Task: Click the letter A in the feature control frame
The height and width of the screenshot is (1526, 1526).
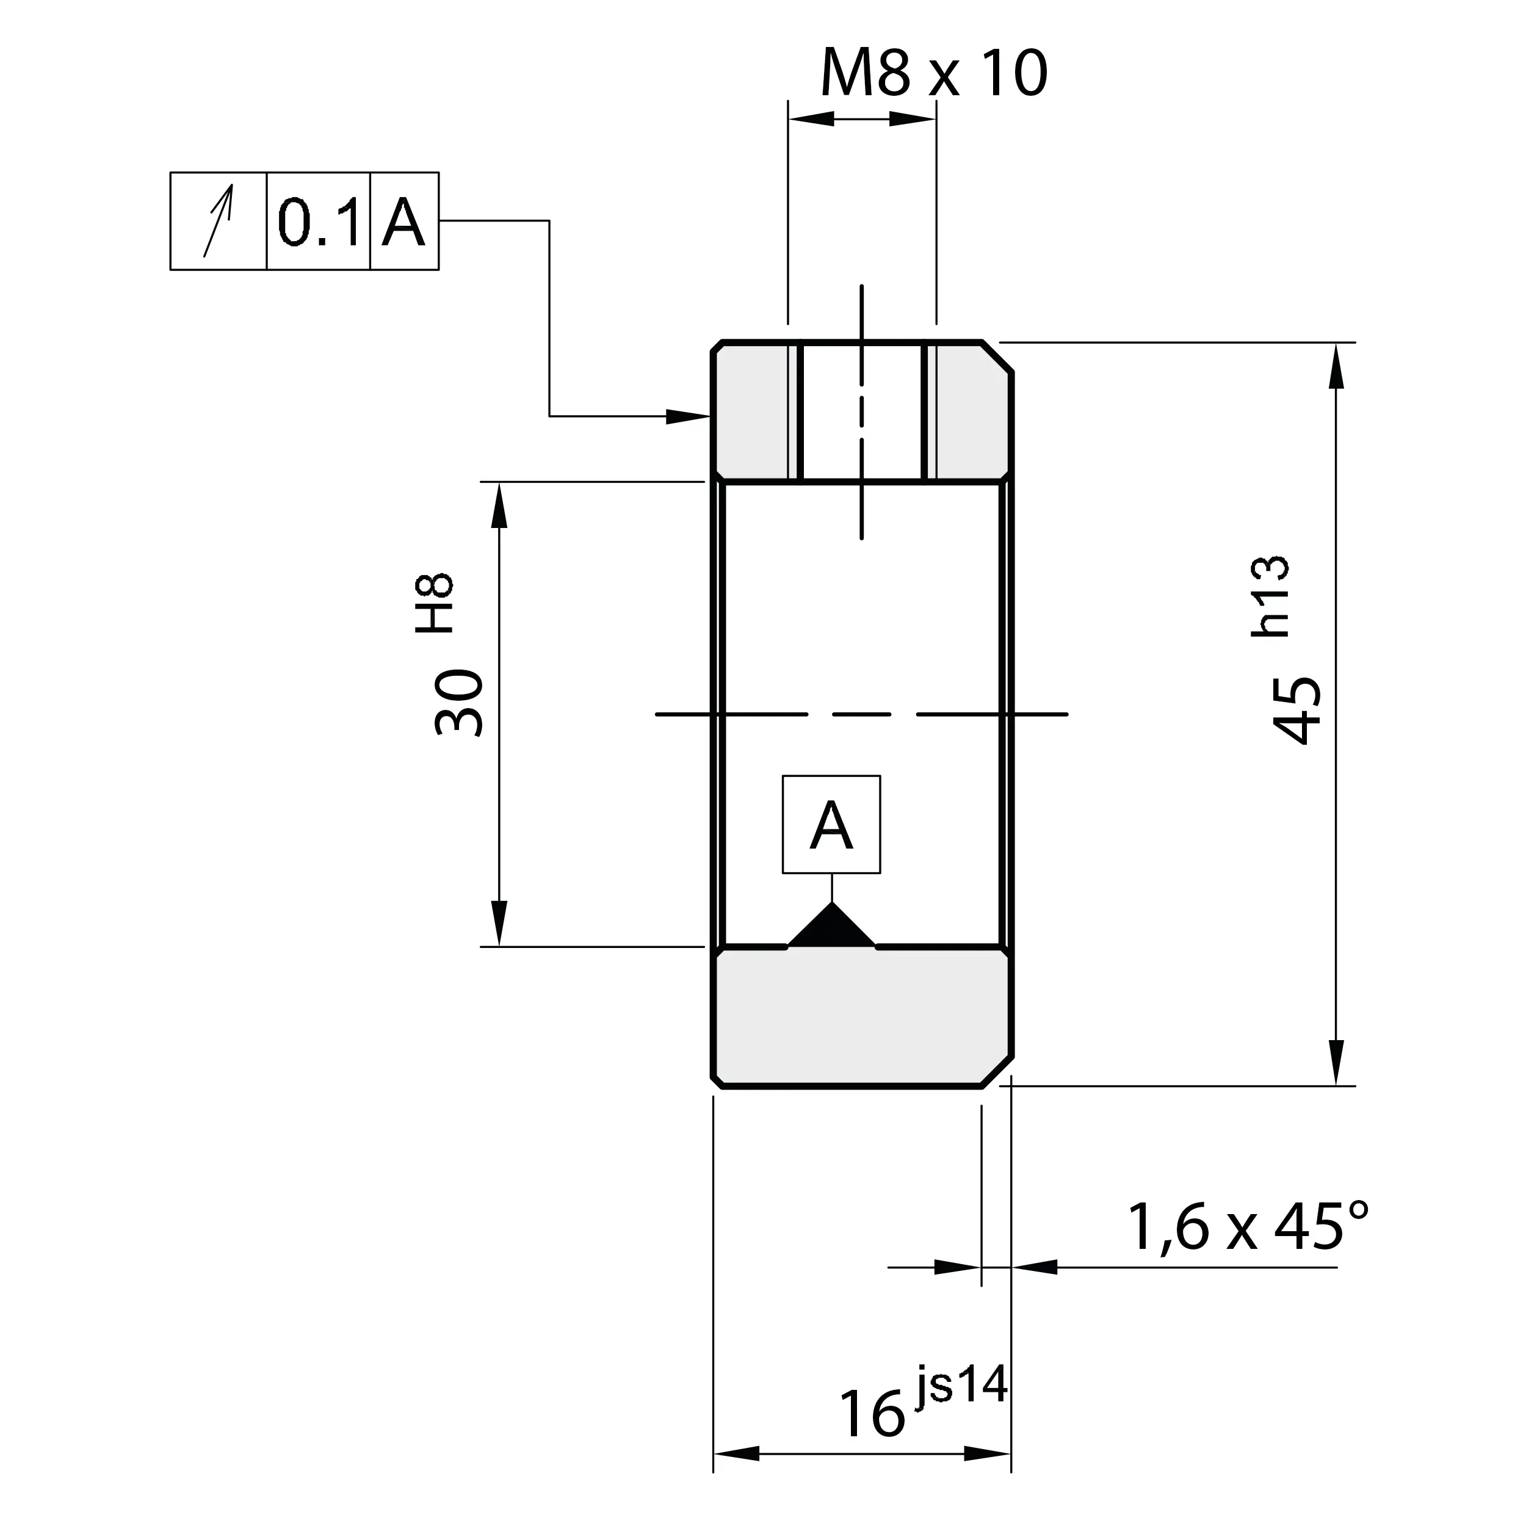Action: (403, 222)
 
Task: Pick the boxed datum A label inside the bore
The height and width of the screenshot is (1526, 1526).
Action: (831, 825)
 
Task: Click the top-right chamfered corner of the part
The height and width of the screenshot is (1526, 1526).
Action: (997, 357)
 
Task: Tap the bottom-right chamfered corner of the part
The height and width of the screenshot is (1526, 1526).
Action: (997, 1072)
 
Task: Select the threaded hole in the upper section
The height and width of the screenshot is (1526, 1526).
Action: (862, 411)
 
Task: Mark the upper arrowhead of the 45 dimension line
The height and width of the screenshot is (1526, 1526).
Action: (1336, 365)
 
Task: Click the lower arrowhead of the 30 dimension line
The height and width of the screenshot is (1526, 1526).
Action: (499, 922)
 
